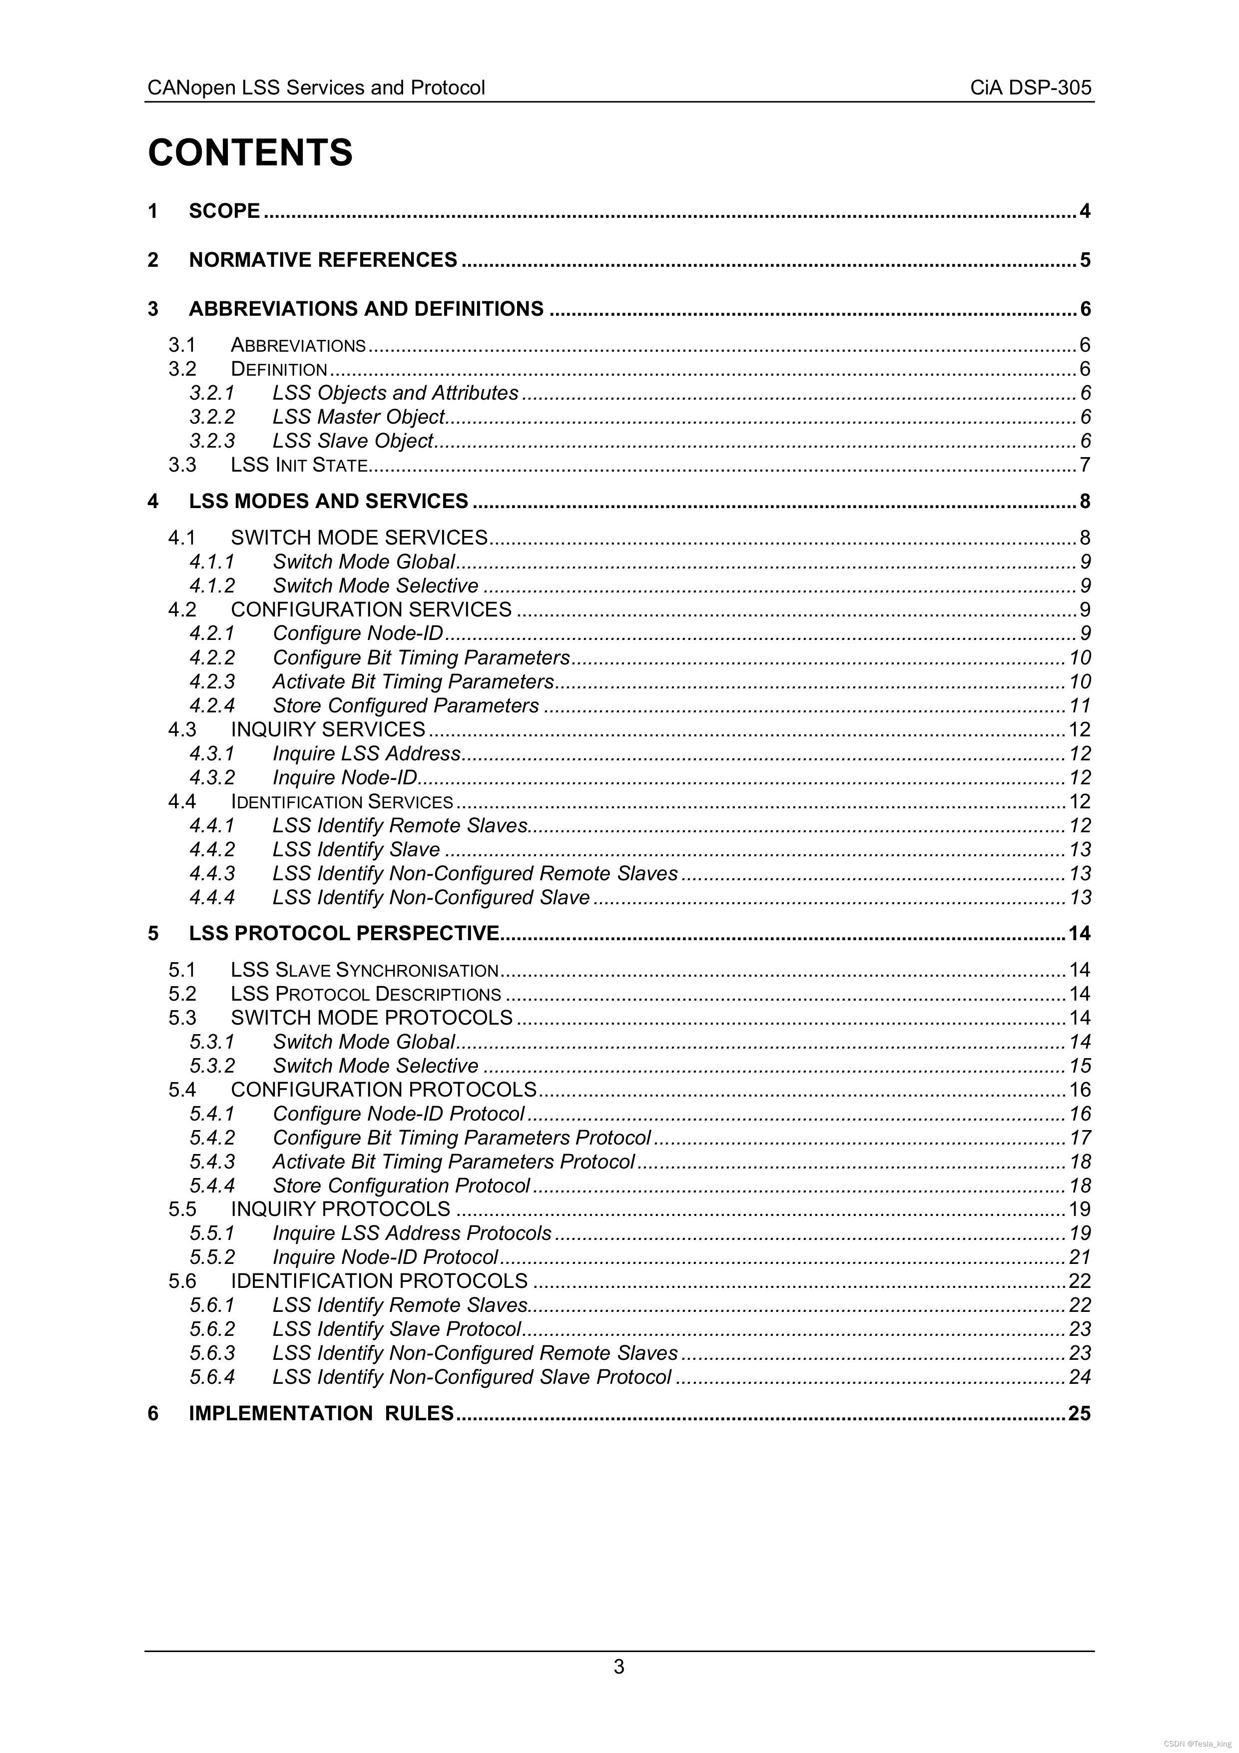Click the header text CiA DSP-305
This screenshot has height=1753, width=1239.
[1031, 88]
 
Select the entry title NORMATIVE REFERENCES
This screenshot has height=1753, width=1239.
[323, 260]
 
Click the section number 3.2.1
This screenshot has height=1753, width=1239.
[212, 393]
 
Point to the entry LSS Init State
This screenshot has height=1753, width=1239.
[299, 465]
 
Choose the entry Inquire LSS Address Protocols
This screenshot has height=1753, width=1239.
[412, 1233]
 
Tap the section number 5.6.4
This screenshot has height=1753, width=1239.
[212, 1377]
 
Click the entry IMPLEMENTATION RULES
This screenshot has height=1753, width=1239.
[321, 1413]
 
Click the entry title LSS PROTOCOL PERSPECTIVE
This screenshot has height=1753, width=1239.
[344, 934]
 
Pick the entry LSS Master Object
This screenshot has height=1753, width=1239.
[359, 417]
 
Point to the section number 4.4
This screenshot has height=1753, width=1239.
[182, 802]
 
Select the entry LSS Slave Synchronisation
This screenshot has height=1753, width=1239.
[364, 970]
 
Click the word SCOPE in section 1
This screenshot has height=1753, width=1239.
[224, 211]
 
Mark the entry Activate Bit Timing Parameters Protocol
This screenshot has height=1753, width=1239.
[454, 1162]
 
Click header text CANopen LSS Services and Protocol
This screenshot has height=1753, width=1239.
[316, 88]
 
